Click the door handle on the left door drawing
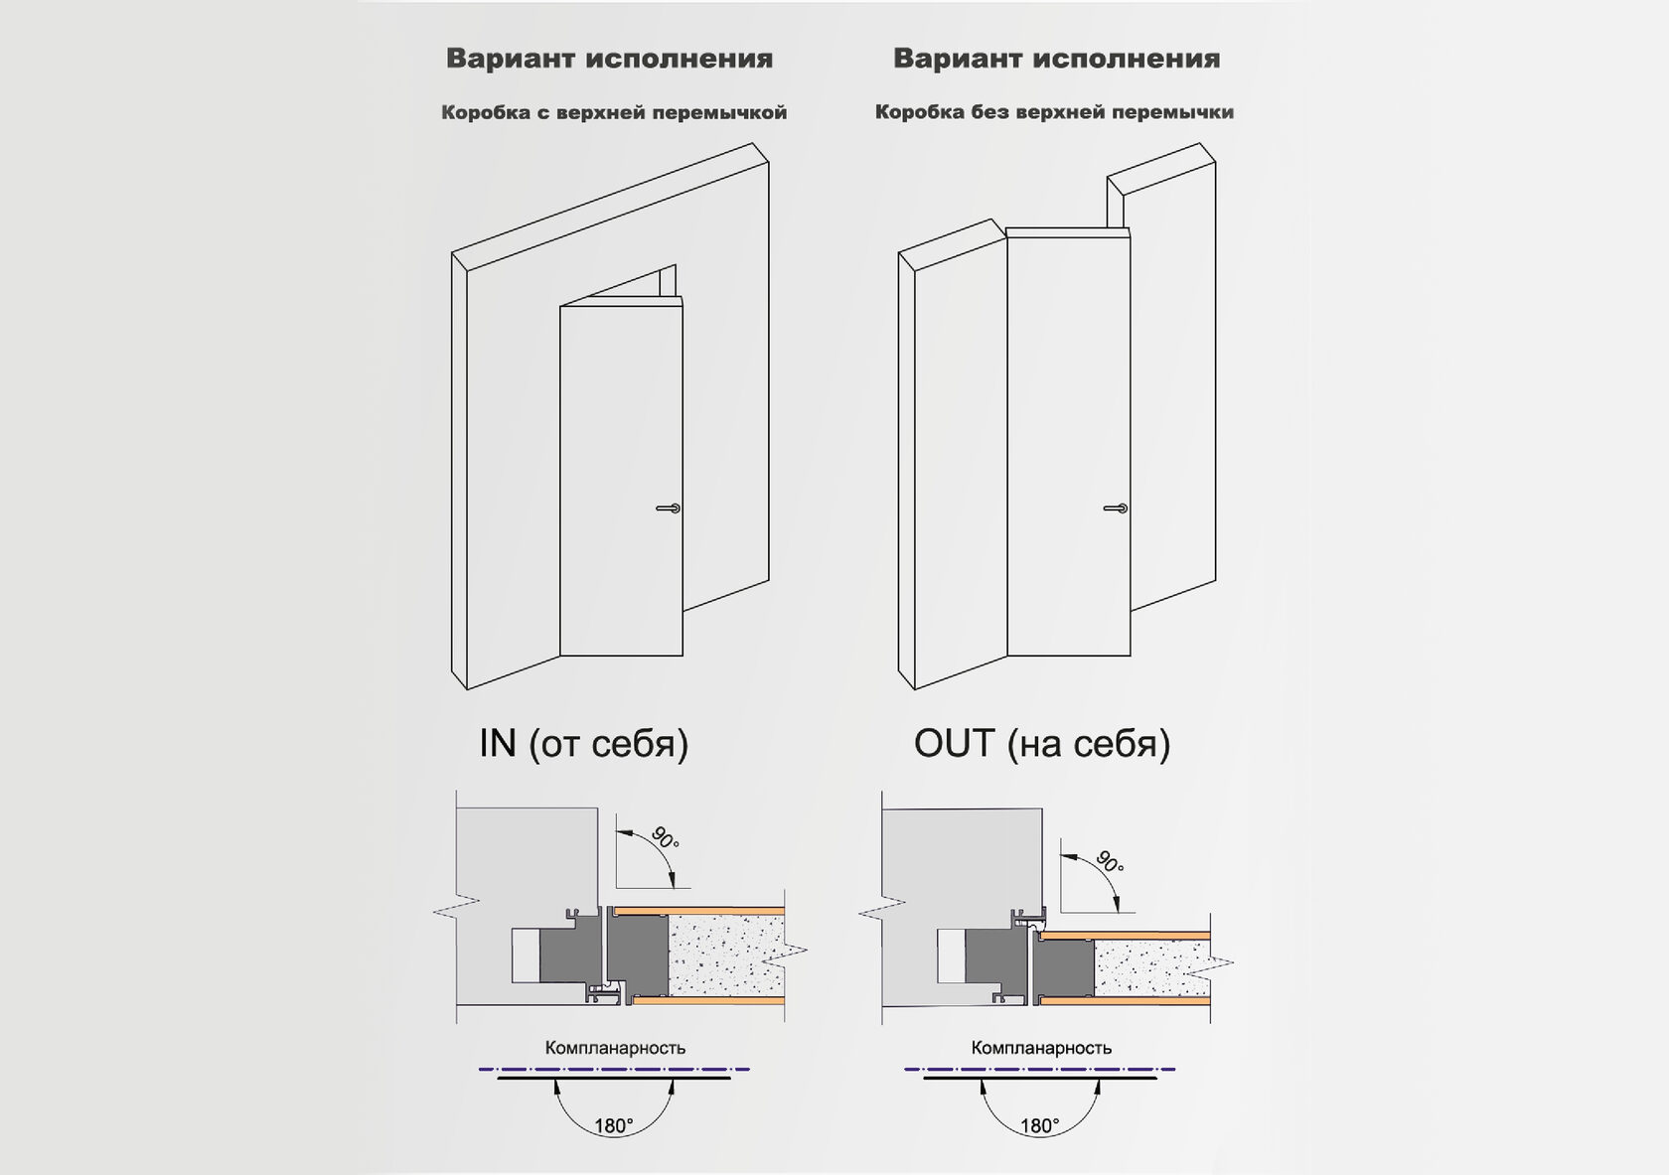[x=668, y=509]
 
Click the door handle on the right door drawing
[x=1115, y=509]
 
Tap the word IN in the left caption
[x=498, y=743]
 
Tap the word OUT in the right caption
[x=954, y=743]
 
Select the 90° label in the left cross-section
[x=665, y=837]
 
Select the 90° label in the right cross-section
[x=1109, y=861]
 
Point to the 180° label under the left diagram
[x=613, y=1125]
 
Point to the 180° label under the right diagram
[x=1039, y=1125]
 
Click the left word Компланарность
[x=615, y=1048]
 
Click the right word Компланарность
[x=1041, y=1048]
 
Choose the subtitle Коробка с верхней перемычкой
[x=614, y=112]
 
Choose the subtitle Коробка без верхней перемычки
[x=1054, y=112]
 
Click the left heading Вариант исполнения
[x=609, y=59]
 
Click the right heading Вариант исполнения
[x=1056, y=59]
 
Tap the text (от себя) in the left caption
[x=608, y=743]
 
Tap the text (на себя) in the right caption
[x=1089, y=743]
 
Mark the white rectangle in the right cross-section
[x=951, y=955]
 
